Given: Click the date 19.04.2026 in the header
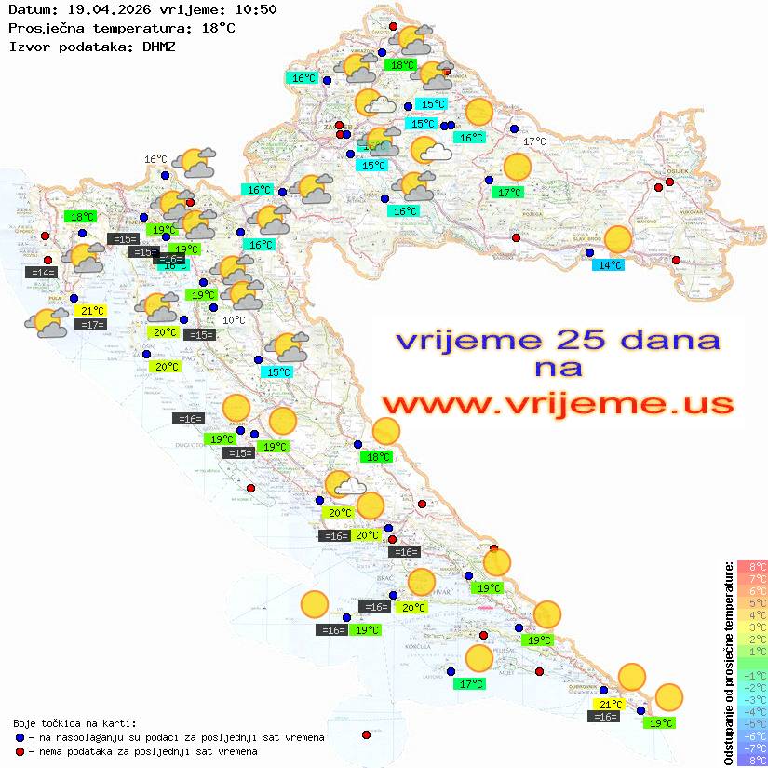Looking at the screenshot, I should (106, 10).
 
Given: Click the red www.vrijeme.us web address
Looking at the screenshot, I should (558, 404).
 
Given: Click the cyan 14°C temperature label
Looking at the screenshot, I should (610, 265).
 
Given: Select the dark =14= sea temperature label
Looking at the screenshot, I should (42, 273).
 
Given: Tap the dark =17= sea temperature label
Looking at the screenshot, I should (91, 325).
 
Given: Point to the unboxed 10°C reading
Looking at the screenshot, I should (235, 320).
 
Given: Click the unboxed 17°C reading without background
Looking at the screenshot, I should (534, 141).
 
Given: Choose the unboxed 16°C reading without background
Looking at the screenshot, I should (155, 159).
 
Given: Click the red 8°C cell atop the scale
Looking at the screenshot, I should (752, 566).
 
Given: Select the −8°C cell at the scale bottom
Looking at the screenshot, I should (752, 760).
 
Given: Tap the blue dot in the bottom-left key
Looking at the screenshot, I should (20, 737).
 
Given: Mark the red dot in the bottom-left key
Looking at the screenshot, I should (20, 751).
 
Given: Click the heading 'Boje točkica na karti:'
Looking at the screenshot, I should (74, 723).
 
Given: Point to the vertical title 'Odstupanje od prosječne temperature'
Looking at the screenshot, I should (728, 662).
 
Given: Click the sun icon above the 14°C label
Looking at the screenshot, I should (617, 239).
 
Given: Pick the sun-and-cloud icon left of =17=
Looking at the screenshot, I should (47, 323).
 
